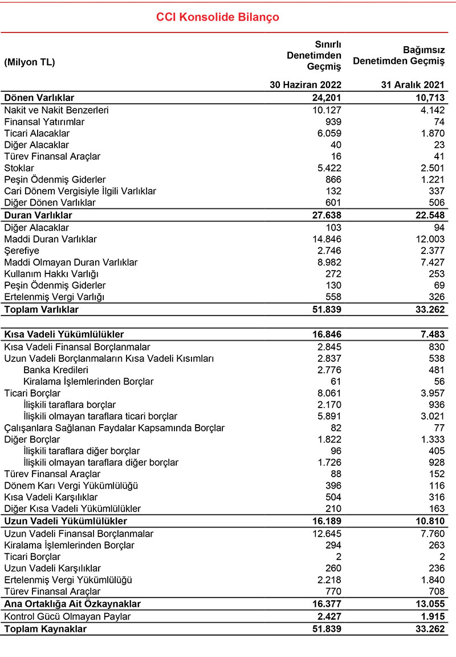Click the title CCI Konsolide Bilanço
[218, 17]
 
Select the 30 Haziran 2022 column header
[306, 86]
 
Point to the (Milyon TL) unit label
[30, 63]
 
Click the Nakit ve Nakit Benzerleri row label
[56, 110]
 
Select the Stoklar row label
[19, 168]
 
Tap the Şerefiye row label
[22, 251]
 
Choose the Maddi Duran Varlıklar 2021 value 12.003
[430, 239]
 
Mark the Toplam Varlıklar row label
[41, 309]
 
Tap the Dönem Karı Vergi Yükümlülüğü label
[71, 485]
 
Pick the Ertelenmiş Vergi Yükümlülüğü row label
[68, 580]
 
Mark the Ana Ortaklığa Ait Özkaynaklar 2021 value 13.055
[430, 603]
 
